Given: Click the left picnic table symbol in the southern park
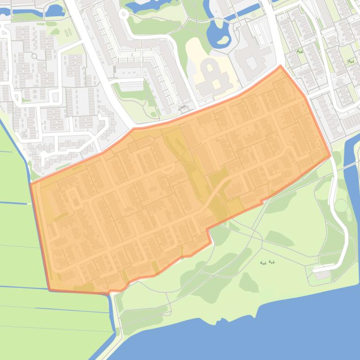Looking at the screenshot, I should click(x=263, y=263).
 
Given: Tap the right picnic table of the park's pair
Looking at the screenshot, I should click(x=272, y=262).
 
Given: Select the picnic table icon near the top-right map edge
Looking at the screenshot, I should click(x=351, y=61).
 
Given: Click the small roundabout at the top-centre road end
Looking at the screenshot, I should click(x=124, y=14).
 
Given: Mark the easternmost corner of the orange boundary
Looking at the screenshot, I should click(x=331, y=156).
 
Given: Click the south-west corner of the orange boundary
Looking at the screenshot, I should click(x=50, y=290).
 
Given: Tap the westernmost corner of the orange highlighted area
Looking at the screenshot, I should click(x=31, y=183).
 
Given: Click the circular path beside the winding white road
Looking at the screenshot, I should click(x=341, y=205).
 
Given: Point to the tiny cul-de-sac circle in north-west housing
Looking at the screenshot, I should click(x=34, y=56).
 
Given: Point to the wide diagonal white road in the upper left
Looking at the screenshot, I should click(x=94, y=47).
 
